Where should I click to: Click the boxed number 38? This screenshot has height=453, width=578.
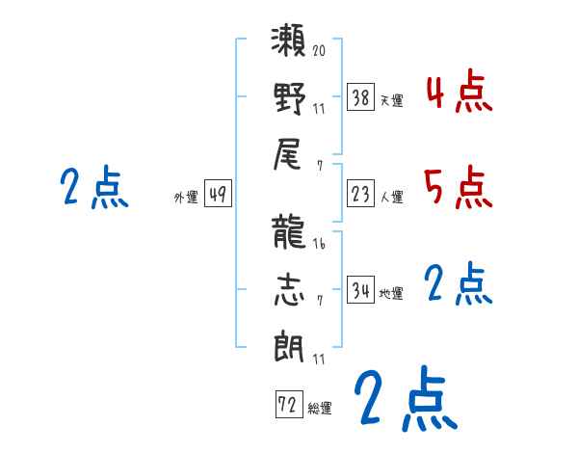coord(361,97)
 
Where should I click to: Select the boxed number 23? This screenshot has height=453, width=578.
coord(361,195)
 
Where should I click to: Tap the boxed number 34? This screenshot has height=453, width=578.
coord(361,291)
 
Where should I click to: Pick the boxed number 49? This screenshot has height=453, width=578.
coord(218,195)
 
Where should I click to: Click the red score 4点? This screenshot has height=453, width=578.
coord(458,93)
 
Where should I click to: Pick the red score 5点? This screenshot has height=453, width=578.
coord(458,187)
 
